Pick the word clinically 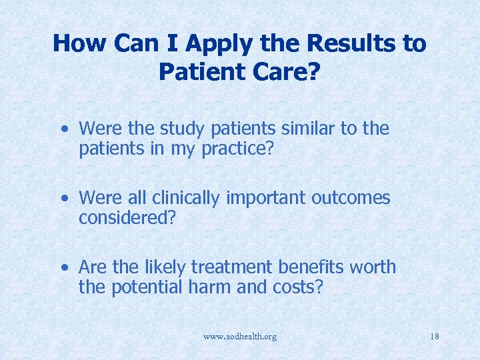click(187, 198)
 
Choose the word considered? click(127, 217)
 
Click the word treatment click(232, 267)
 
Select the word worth click(374, 267)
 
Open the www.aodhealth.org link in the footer click(240, 337)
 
